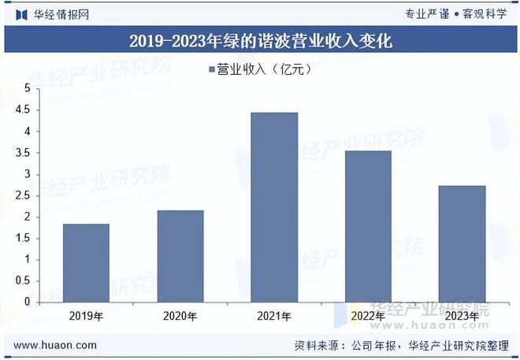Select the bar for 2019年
coord(86,262)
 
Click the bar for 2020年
coord(180,256)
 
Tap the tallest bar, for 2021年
coord(274,207)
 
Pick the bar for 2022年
coord(368,226)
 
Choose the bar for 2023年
coord(462,243)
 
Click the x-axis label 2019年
coord(86,316)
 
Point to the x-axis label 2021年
coord(274,316)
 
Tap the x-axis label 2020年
coord(180,316)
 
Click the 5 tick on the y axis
coord(26,89)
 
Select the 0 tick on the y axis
coord(26,302)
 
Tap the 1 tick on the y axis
coord(26,259)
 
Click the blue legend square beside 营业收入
coord(211,70)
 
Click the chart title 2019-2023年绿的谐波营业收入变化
coord(260,40)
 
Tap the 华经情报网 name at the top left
coord(60,13)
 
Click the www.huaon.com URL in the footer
coord(56,345)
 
